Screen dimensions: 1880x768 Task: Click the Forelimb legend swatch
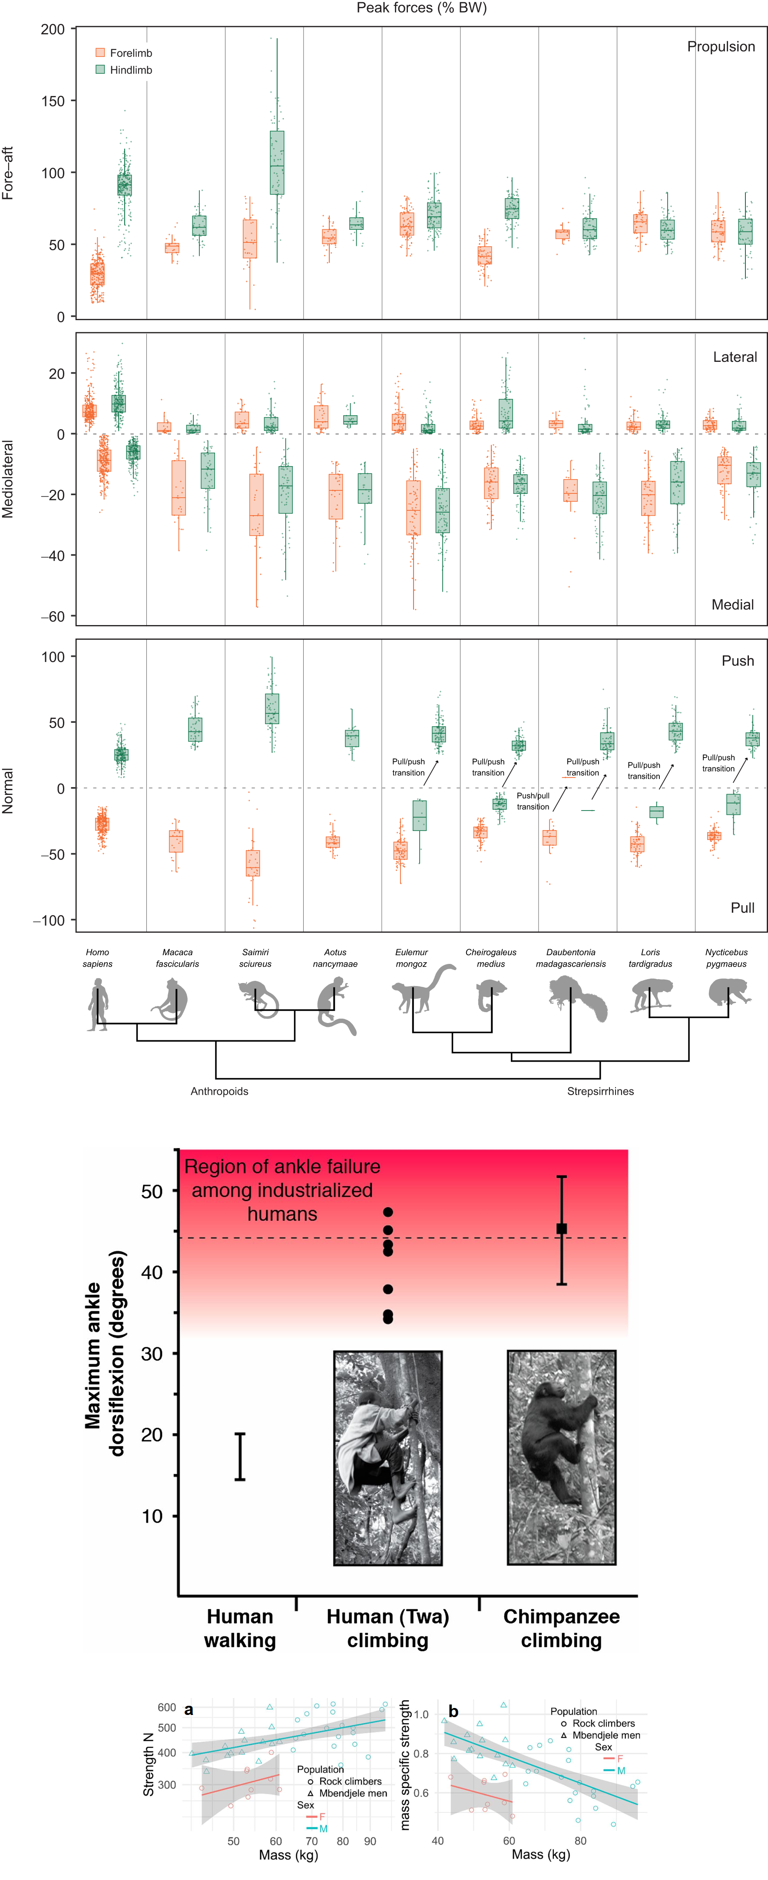[100, 53]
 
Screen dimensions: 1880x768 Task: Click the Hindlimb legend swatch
[100, 70]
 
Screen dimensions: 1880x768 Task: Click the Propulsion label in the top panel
[721, 47]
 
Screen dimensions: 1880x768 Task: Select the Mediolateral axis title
[8, 479]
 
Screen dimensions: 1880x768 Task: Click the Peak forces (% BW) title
[421, 8]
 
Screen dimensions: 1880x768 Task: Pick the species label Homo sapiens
[97, 957]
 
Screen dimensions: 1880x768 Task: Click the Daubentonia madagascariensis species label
[570, 957]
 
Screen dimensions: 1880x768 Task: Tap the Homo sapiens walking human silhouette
[97, 1004]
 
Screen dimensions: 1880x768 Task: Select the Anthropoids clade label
[219, 1091]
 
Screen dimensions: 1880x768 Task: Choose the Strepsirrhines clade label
[600, 1091]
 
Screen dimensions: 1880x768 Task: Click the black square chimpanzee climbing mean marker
[561, 1229]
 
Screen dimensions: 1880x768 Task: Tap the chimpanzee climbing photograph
[561, 1457]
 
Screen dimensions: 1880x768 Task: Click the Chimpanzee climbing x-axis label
[561, 1628]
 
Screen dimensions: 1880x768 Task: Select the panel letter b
[454, 1711]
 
